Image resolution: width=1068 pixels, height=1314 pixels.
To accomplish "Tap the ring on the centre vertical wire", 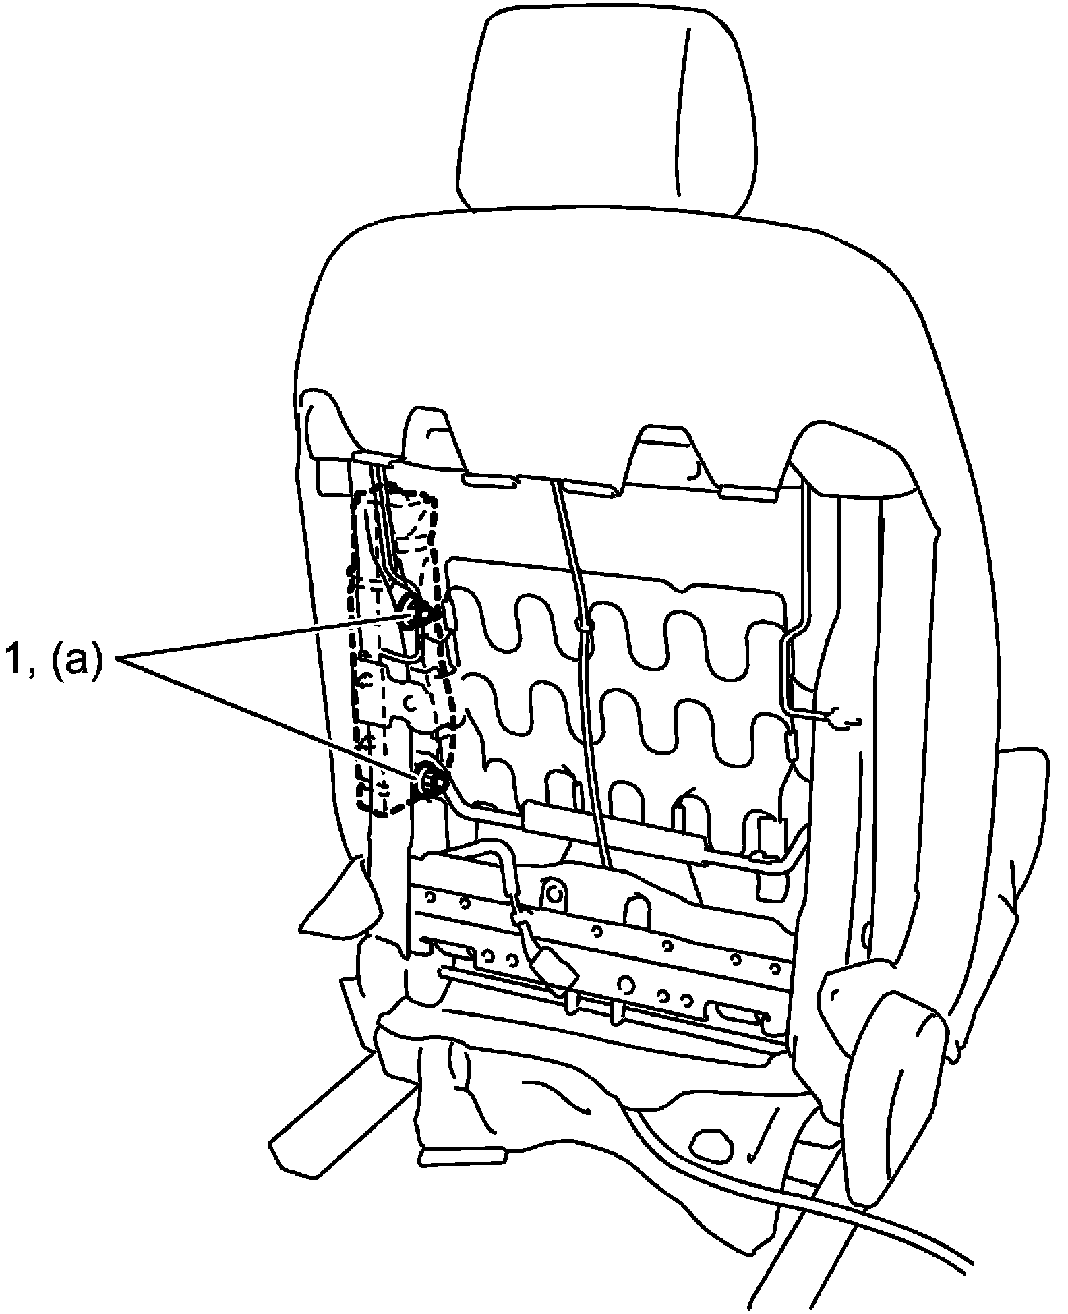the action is click(584, 625).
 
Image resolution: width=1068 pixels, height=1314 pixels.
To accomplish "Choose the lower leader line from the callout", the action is click(270, 715).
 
